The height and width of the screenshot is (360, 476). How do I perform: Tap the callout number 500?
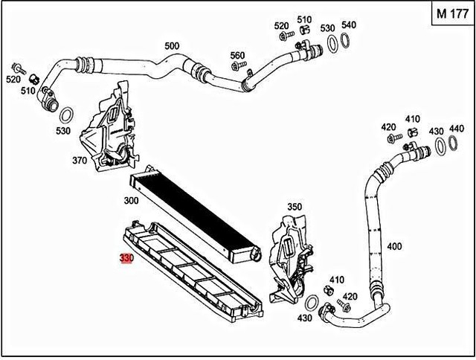[172, 46]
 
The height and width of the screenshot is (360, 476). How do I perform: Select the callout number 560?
[237, 55]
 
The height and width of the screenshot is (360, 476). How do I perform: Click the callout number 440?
[456, 129]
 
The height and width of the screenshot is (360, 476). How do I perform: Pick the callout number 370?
[80, 160]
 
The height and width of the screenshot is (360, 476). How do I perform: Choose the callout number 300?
[132, 201]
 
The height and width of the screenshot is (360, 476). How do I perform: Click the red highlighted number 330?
[126, 258]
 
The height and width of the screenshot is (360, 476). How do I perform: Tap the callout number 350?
[295, 207]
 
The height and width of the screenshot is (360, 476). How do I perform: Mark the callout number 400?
[395, 246]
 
